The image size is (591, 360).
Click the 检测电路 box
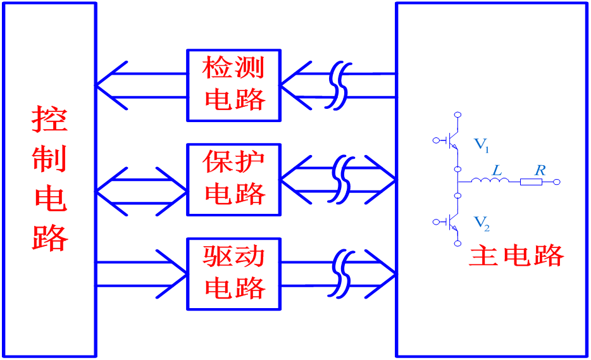pos(233,85)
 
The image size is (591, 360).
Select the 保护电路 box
pos(233,180)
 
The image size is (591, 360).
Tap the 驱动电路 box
pos(233,274)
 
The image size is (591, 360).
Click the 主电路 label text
pos(516,256)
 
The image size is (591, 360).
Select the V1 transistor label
pos(482,145)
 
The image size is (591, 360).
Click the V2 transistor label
pos(482,223)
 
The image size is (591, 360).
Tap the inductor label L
pos(497,171)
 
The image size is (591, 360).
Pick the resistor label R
pos(539,170)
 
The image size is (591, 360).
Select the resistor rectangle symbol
pos(531,182)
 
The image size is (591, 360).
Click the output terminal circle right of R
pos(557,182)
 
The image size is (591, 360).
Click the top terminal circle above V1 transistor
pos(457,115)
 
